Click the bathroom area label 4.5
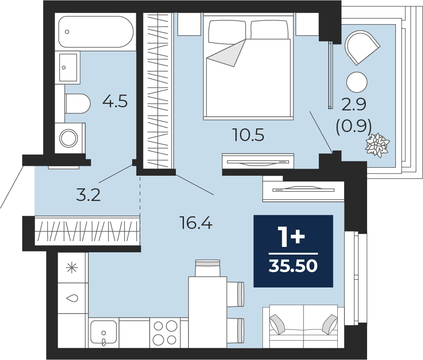115,101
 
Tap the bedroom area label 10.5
249,135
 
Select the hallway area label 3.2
88,195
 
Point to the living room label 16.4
196,223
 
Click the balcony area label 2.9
354,105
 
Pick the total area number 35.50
293,266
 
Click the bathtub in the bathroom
96,32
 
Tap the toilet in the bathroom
78,104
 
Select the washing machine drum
69,138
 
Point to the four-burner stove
165,333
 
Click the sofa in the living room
303,326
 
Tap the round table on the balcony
357,82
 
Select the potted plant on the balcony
377,145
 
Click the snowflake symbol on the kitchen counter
72,268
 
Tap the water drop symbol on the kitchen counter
72,298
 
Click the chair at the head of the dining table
207,268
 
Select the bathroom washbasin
68,68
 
